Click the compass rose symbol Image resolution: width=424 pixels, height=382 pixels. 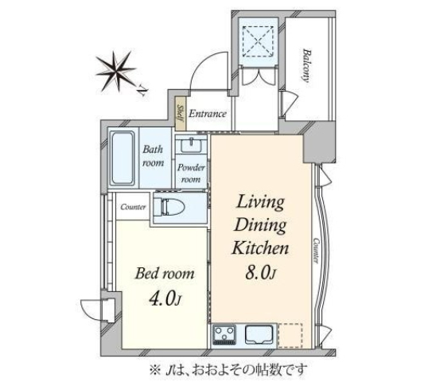click(115, 71)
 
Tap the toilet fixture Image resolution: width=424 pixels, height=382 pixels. click(169, 208)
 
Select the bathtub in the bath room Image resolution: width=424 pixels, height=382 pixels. click(123, 158)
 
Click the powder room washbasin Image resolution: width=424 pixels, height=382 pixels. click(192, 146)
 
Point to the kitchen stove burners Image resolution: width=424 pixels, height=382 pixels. click(224, 335)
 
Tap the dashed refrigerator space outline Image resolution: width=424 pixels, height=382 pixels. click(290, 336)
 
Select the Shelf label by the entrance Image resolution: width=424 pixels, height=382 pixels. click(181, 114)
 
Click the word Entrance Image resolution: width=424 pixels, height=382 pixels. click(208, 114)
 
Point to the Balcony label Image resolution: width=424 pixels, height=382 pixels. click(306, 65)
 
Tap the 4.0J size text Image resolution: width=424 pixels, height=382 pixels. click(165, 298)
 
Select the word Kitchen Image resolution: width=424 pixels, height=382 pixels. click(260, 248)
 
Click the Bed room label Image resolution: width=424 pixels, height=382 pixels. click(165, 274)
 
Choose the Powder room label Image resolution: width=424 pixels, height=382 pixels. click(191, 173)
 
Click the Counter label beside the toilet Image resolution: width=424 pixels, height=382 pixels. click(133, 207)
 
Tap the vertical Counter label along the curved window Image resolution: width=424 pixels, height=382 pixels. click(316, 251)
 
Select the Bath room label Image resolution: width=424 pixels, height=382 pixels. click(153, 156)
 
